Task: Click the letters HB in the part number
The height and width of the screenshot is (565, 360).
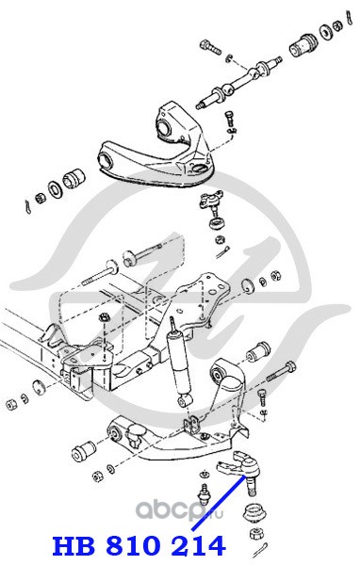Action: pos(74,545)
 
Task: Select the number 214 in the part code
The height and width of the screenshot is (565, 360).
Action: pos(198,545)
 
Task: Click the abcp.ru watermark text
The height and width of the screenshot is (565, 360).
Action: pos(179,509)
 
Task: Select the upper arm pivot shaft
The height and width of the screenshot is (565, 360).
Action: pos(238,82)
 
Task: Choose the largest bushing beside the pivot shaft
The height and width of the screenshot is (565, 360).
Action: pos(304,44)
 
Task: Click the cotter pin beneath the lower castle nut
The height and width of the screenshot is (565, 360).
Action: pos(260,550)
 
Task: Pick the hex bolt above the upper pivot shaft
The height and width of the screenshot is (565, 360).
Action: pos(210,47)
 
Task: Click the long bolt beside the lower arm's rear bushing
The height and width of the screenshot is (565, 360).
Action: pos(281,372)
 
